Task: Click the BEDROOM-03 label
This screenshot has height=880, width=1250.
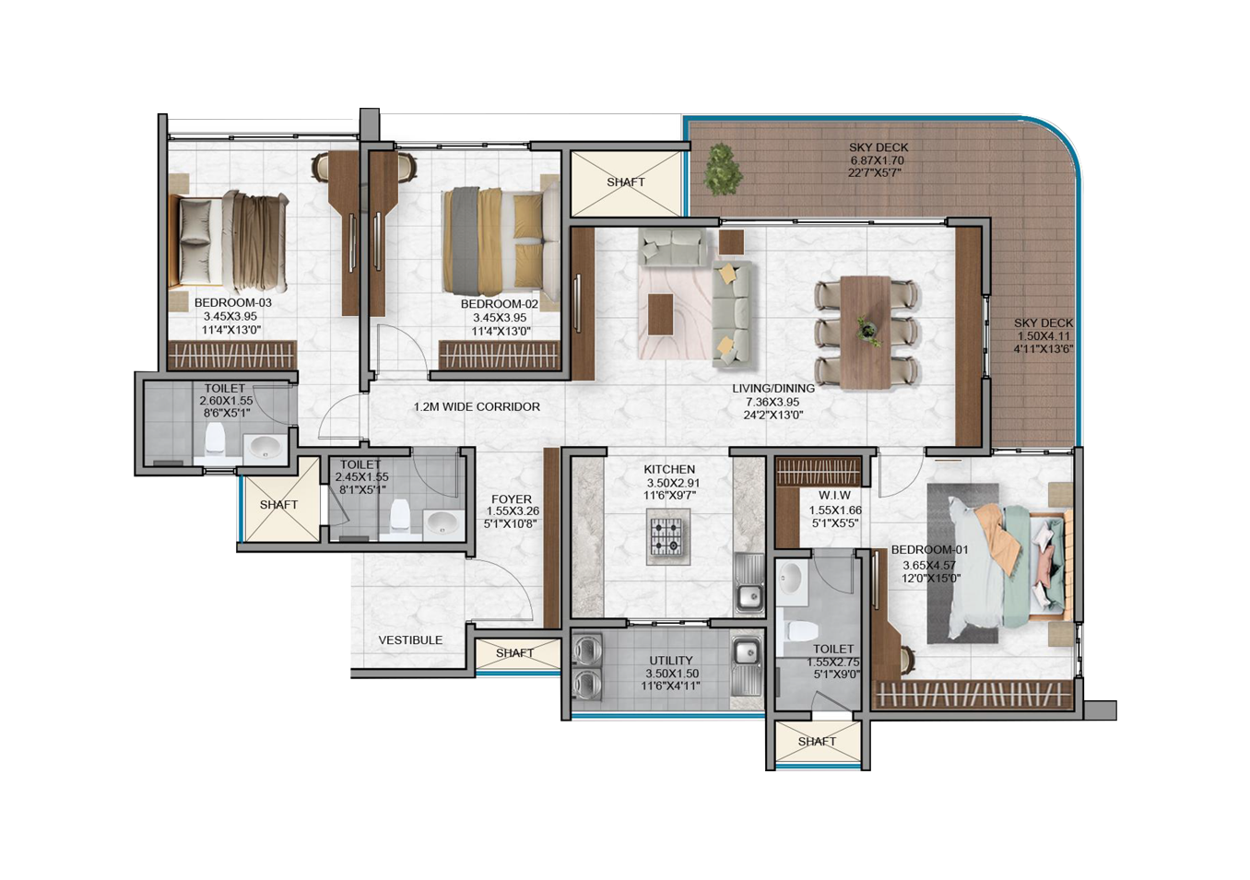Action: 232,303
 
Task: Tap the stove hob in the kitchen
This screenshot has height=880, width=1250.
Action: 668,536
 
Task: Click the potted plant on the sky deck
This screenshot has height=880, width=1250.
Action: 724,169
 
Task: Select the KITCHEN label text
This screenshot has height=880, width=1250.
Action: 669,470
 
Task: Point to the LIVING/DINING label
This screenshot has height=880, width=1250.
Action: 773,388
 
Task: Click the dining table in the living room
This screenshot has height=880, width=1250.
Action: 866,332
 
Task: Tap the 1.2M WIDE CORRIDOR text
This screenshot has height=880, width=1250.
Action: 477,407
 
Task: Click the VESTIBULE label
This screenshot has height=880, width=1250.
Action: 410,640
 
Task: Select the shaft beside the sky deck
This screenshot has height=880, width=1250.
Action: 626,183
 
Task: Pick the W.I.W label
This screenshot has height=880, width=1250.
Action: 834,495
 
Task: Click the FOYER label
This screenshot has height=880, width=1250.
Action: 512,499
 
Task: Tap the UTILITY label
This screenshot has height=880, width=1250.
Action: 671,661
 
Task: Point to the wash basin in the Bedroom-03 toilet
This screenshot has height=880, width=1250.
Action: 265,448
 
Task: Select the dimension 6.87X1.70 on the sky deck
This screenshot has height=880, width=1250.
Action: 878,160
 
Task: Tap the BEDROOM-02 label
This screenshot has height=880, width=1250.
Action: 500,304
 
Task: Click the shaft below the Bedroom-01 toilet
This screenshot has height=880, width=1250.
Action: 817,742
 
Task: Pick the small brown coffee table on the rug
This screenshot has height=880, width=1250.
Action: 661,314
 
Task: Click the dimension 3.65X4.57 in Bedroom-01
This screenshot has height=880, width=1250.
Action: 929,566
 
